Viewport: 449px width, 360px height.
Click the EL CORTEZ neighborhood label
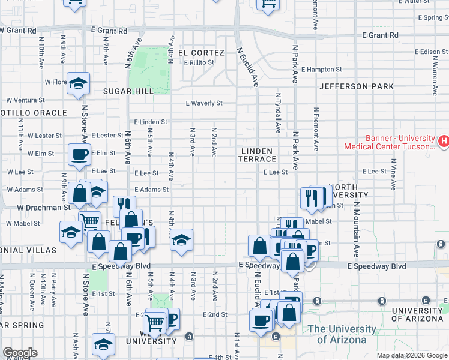(199, 53)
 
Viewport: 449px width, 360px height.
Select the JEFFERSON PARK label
(357, 86)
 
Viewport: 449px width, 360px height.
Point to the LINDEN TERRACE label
(259, 155)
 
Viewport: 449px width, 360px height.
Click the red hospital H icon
(444, 142)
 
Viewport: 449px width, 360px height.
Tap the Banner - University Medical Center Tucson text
(390, 142)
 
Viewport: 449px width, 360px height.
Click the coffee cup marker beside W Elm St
(79, 155)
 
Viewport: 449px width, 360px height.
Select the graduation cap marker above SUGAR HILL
(78, 85)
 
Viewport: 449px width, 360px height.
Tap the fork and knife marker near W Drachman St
(124, 206)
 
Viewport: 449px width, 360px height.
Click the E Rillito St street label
(199, 62)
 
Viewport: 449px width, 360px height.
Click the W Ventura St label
(26, 100)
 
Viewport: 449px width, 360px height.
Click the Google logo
(20, 353)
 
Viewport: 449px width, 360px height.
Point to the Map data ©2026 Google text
(411, 355)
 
